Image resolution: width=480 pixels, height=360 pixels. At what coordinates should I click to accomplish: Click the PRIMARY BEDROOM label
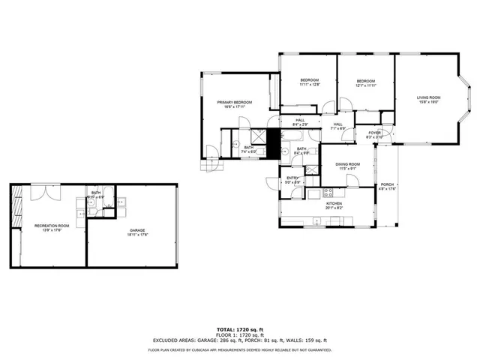pyautogui.click(x=235, y=102)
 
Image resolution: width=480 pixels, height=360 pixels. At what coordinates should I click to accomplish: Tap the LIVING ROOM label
pyautogui.click(x=428, y=97)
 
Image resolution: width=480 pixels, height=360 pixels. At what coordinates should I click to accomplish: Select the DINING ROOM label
pyautogui.click(x=347, y=164)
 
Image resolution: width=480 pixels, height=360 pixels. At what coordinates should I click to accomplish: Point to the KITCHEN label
pyautogui.click(x=334, y=203)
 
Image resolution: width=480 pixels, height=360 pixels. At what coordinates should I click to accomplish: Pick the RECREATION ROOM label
pyautogui.click(x=52, y=225)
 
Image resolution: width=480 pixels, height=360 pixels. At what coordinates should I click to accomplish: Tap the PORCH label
pyautogui.click(x=387, y=184)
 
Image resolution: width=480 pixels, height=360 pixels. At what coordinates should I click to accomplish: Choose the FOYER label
pyautogui.click(x=374, y=133)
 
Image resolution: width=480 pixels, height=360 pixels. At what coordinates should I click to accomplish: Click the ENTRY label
pyautogui.click(x=292, y=178)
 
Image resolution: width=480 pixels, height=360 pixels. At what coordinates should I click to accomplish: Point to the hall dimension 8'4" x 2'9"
pyautogui.click(x=299, y=125)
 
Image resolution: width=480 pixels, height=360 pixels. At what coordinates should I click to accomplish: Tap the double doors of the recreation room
pyautogui.click(x=42, y=192)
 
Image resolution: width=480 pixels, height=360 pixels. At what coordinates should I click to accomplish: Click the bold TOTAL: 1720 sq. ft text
pyautogui.click(x=240, y=329)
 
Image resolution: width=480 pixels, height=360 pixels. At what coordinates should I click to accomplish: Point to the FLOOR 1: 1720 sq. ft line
pyautogui.click(x=240, y=334)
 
